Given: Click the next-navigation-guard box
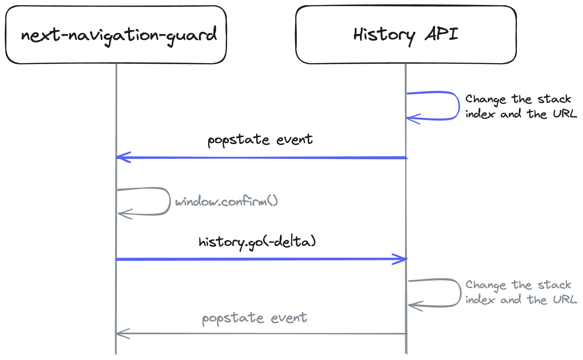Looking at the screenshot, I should tap(116, 35).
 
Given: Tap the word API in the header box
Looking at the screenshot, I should tap(441, 34).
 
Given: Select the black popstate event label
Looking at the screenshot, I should tap(260, 140).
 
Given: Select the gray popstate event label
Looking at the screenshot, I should tap(254, 318).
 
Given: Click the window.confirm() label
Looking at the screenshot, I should tap(226, 201).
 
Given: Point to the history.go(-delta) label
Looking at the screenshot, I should tap(257, 242).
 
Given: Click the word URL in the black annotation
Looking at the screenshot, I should tap(564, 114).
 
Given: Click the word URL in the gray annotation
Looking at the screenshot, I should tap(564, 299).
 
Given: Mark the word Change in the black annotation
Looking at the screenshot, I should tap(485, 99).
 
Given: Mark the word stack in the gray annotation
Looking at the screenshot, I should tap(554, 285).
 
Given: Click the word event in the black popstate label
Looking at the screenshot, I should tap(294, 140).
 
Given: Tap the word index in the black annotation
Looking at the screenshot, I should tap(480, 114).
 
